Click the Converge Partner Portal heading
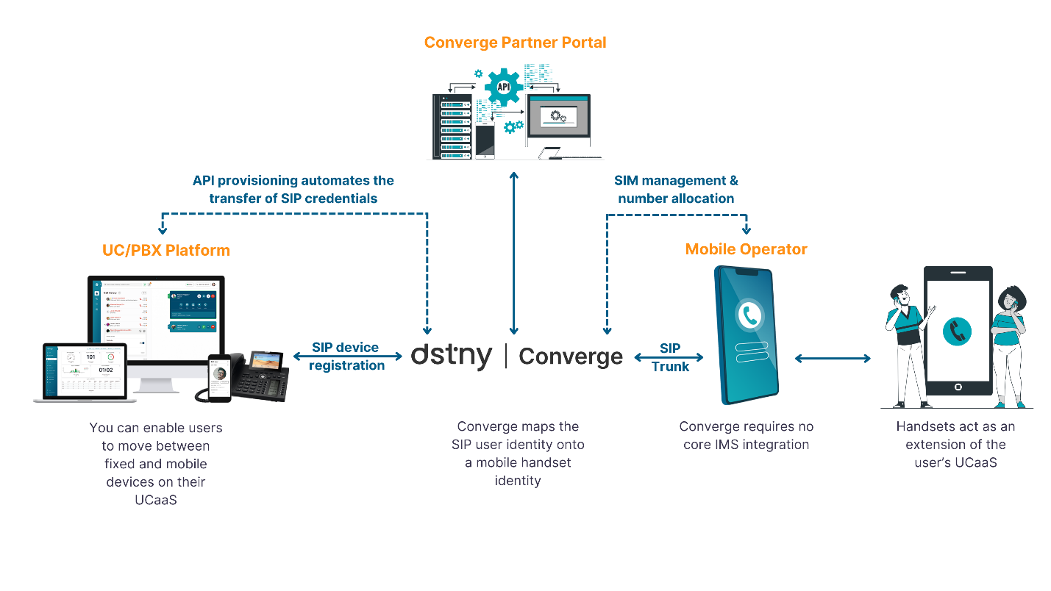515,43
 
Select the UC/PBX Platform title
165,251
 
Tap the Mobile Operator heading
746,249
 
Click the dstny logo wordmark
452,357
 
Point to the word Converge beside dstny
571,357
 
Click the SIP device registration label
346,357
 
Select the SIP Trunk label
670,357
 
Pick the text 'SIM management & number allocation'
676,190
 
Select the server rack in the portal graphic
451,126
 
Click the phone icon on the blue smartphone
750,315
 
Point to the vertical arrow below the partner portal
514,253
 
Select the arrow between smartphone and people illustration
833,358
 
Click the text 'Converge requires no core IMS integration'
746,436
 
